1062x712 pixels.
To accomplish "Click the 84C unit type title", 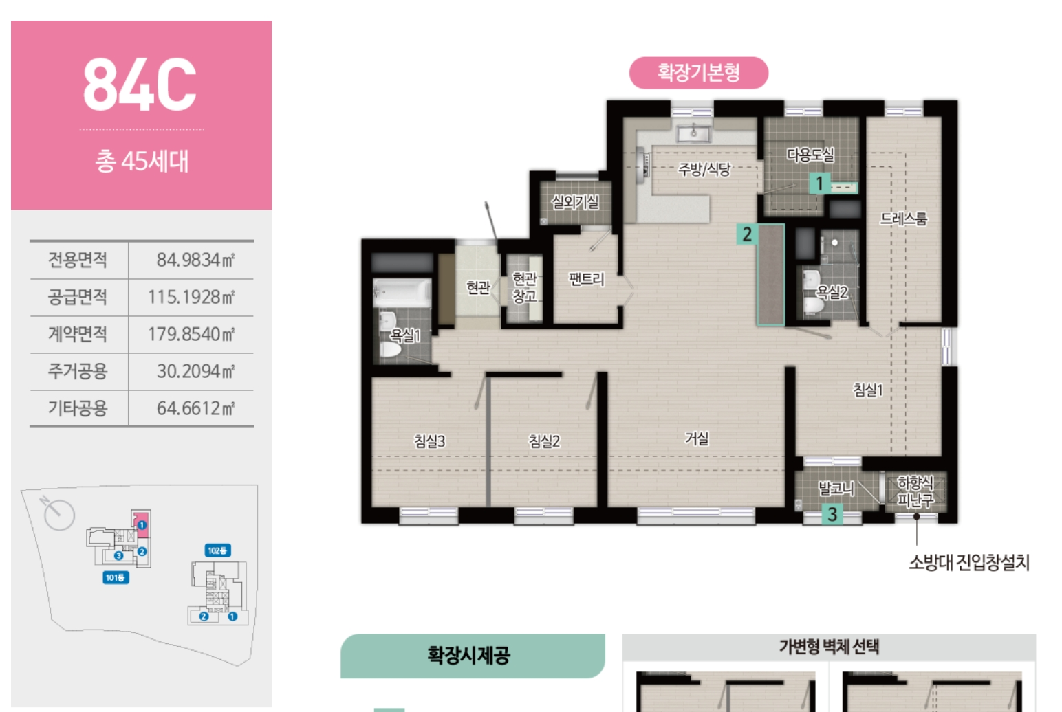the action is tap(140, 85).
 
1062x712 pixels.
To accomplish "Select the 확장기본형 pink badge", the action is tap(698, 73).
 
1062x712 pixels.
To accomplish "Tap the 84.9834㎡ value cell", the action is tap(195, 260).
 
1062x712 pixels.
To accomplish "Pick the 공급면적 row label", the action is tap(78, 297).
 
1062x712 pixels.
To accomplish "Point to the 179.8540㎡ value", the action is tap(191, 334).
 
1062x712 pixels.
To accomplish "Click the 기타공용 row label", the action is tap(78, 408).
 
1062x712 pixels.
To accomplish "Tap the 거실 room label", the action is tap(697, 438).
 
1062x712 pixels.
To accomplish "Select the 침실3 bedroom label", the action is tap(429, 441).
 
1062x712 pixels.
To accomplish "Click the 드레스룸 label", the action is tap(904, 219).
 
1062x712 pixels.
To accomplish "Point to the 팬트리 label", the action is tap(587, 279).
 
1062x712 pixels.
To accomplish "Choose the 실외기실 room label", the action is tap(574, 202).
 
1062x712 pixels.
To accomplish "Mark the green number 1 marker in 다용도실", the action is tap(820, 183).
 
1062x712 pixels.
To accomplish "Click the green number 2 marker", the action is tap(747, 234).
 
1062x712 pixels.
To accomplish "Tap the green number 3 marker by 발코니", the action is tap(832, 515).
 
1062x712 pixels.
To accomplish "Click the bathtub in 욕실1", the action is tap(402, 293).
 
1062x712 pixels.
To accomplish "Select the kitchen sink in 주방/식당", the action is tap(693, 133).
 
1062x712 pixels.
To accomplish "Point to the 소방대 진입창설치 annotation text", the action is tap(969, 563).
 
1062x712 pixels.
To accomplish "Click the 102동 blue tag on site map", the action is tap(217, 550).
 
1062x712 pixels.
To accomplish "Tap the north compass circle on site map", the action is tap(60, 515).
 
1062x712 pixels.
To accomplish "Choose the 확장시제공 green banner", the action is tap(473, 656).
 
